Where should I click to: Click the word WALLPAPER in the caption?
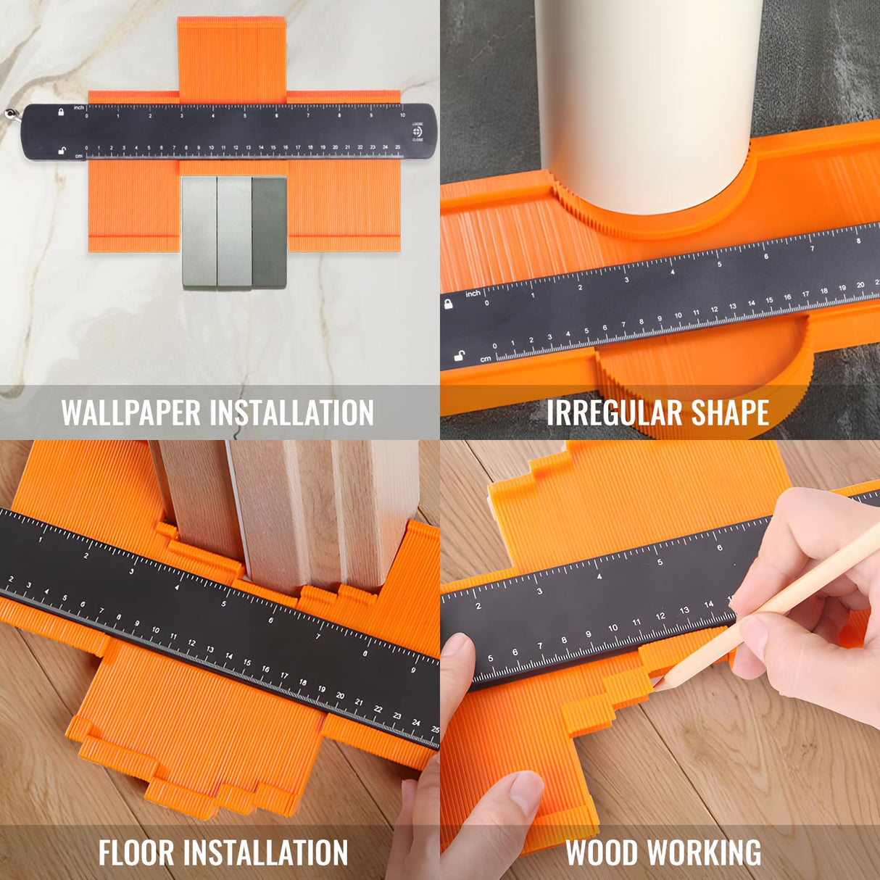coord(131,413)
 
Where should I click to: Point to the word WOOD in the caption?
coord(602,852)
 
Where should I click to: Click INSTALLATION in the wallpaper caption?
coord(292,413)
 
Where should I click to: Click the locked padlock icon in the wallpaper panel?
coord(61,112)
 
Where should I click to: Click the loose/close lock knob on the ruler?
coord(417,131)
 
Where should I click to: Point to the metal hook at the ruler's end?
coord(12,115)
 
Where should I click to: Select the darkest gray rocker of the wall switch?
coord(269,233)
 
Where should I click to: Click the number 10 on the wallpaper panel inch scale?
coord(402,115)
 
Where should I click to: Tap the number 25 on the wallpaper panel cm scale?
coord(397,147)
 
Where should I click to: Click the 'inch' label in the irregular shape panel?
coord(473,293)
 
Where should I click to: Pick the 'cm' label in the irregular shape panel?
coord(486,359)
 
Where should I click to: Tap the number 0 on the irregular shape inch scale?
coord(487,303)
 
